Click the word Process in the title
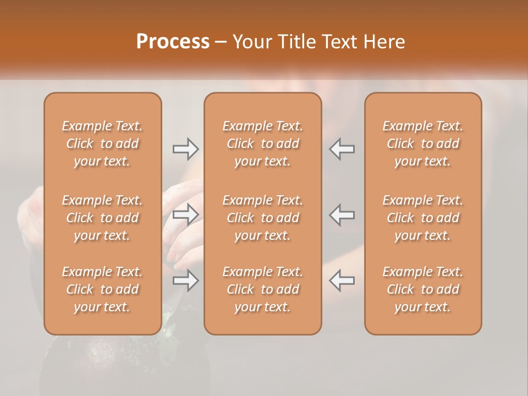tap(173, 42)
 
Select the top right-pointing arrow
tap(185, 148)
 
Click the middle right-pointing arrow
tap(185, 215)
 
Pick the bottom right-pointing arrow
tap(185, 280)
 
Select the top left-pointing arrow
tap(342, 148)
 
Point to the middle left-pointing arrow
tap(342, 215)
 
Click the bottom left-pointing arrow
tap(342, 280)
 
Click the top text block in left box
tap(102, 144)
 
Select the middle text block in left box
tap(102, 218)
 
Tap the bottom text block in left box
tap(102, 289)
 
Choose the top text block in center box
tap(262, 144)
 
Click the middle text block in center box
tap(262, 218)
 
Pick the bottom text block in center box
tap(262, 289)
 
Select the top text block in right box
tap(422, 144)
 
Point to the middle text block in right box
tap(422, 218)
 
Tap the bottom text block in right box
tap(422, 289)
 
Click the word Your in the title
tap(251, 42)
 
